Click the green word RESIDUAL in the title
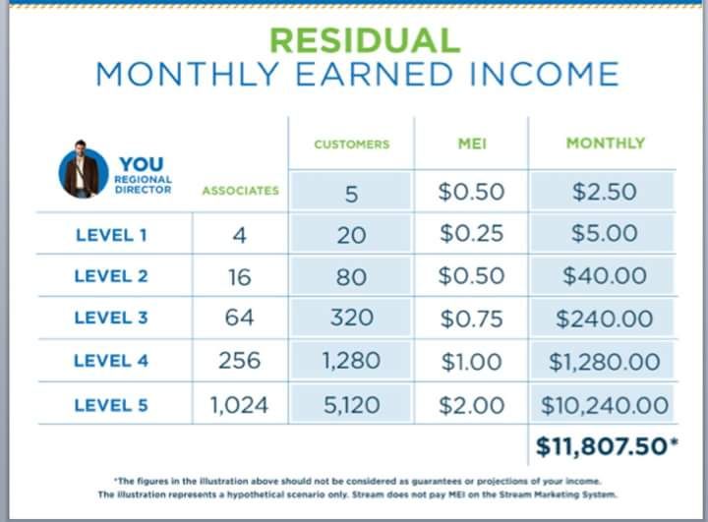(x=365, y=40)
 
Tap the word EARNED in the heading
(x=374, y=75)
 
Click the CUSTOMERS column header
(x=352, y=145)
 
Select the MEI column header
(x=472, y=144)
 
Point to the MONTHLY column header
(x=606, y=144)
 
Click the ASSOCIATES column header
(x=240, y=191)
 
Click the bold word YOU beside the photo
(x=142, y=164)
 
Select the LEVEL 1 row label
(x=111, y=235)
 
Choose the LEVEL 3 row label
(x=111, y=318)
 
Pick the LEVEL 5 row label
(x=111, y=405)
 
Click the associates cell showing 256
(x=239, y=361)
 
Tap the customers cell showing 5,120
(x=351, y=405)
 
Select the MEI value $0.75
(x=471, y=319)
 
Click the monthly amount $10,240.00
(x=605, y=405)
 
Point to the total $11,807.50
(x=607, y=446)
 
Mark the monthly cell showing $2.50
(x=604, y=191)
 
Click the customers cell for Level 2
(x=351, y=276)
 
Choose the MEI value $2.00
(x=471, y=405)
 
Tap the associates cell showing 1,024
(x=239, y=405)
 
